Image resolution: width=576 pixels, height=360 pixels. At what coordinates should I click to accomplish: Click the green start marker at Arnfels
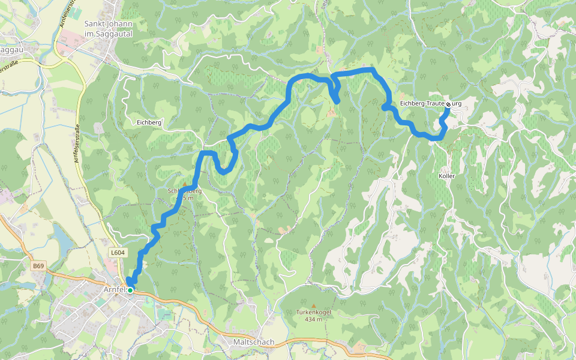tap(130, 290)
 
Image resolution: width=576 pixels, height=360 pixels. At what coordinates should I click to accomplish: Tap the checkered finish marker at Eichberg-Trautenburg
tap(448, 104)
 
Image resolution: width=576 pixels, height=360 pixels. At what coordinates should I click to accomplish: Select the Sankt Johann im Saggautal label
tap(108, 29)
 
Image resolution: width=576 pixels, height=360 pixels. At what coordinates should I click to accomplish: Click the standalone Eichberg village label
tap(149, 122)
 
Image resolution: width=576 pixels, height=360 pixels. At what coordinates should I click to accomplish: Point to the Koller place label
tap(447, 176)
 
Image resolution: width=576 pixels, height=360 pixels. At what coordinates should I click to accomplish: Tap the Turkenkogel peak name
tap(313, 312)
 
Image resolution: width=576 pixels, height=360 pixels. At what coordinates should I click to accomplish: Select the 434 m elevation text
tap(313, 319)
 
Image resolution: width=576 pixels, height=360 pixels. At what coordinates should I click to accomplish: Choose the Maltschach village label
tap(253, 342)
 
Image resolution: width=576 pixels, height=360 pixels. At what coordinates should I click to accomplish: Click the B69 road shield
tap(39, 266)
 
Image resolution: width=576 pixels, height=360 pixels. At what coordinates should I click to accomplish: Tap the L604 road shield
tap(118, 253)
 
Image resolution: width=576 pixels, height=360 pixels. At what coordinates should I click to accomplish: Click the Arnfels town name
tap(114, 289)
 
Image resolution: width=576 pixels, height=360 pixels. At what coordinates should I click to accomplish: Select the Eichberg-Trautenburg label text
tap(421, 104)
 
